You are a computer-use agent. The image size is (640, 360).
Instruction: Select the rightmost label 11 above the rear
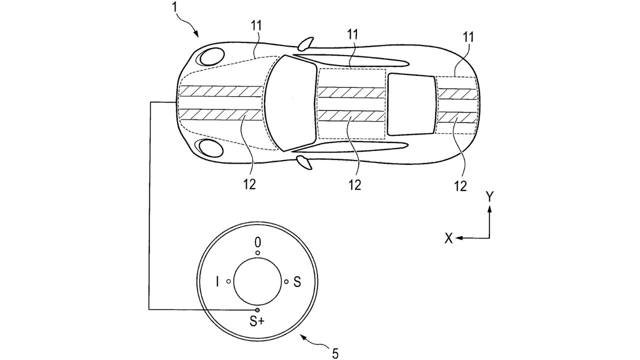click(468, 37)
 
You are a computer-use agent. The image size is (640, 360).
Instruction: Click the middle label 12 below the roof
click(354, 184)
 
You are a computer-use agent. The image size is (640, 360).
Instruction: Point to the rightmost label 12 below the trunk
click(460, 186)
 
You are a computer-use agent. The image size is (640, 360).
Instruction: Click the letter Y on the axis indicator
click(490, 197)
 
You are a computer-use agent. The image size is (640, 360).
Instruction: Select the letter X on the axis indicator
click(448, 239)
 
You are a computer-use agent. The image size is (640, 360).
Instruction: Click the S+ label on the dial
click(257, 322)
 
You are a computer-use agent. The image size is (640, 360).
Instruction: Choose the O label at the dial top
click(257, 242)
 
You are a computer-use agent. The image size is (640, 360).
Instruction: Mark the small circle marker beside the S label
click(286, 282)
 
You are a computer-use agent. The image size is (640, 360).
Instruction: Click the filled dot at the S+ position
click(257, 310)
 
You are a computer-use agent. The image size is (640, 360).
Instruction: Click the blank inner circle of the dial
click(257, 282)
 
